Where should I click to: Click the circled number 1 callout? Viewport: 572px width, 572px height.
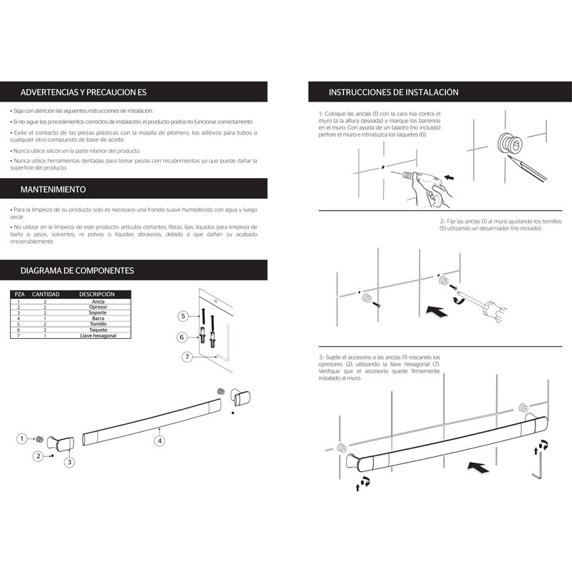[x=23, y=438]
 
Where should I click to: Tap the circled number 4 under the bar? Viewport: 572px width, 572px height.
[x=160, y=440]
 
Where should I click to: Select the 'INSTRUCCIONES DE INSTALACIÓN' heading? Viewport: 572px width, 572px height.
[x=393, y=92]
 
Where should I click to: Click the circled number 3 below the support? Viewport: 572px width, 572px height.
[x=69, y=462]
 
